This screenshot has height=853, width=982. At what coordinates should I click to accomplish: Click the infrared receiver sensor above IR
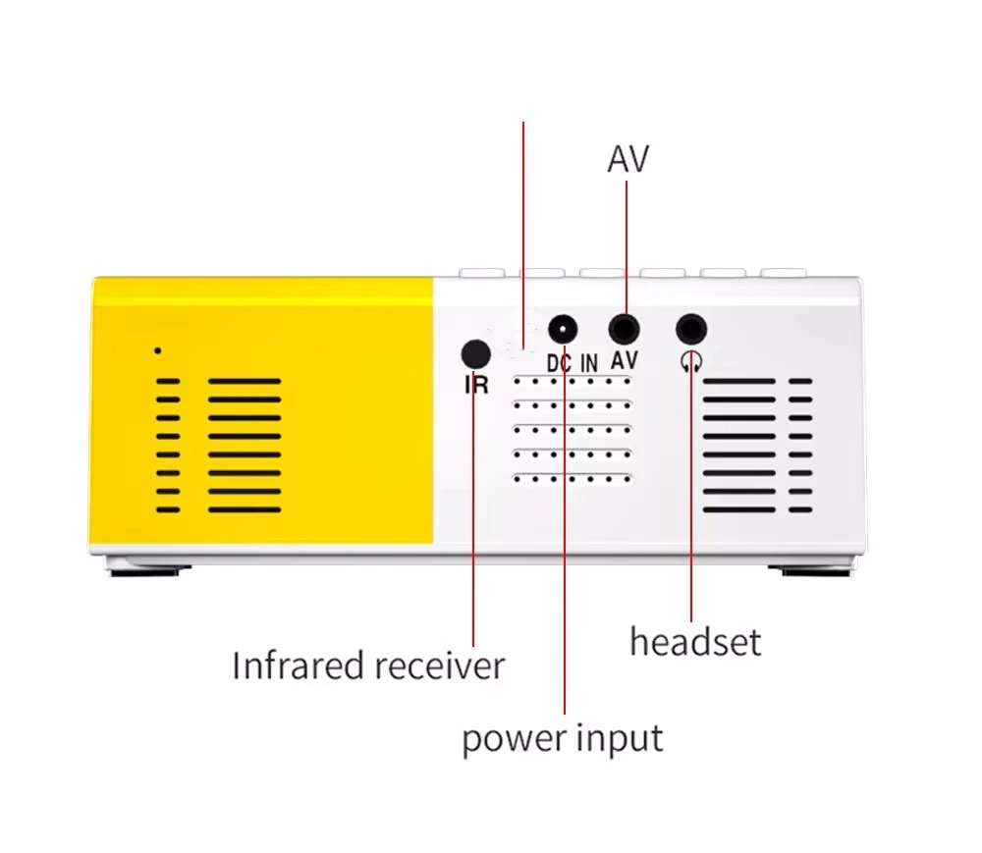click(x=475, y=353)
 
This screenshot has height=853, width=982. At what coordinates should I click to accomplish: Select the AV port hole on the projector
click(x=625, y=328)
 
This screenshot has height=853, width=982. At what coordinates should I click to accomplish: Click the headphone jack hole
click(x=692, y=328)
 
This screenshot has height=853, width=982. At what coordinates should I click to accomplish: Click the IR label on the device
click(x=476, y=385)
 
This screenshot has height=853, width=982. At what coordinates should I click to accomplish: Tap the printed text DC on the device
click(x=559, y=363)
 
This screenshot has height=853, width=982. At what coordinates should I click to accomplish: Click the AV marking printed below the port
click(x=624, y=361)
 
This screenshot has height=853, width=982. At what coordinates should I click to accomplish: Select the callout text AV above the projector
click(x=628, y=159)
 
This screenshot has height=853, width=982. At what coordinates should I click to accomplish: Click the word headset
click(x=695, y=643)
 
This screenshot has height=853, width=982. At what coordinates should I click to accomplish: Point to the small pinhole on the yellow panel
click(x=158, y=350)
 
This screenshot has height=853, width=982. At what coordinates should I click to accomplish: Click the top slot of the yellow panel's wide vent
click(x=245, y=382)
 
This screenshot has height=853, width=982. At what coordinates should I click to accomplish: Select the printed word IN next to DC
click(x=589, y=363)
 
